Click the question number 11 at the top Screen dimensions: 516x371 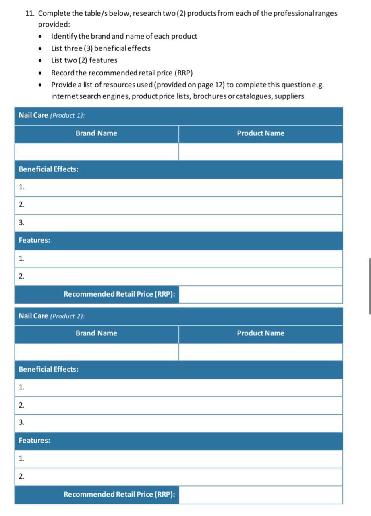(x=29, y=13)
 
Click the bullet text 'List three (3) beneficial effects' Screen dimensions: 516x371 (x=101, y=48)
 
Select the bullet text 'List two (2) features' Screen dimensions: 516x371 (x=84, y=60)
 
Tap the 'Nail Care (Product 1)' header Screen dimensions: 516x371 (x=52, y=115)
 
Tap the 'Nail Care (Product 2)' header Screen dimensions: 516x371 (x=52, y=316)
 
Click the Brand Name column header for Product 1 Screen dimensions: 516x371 (x=96, y=133)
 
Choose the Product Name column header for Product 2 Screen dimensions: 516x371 (x=260, y=333)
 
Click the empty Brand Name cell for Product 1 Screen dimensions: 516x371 (x=96, y=152)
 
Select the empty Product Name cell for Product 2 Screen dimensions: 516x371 (x=260, y=352)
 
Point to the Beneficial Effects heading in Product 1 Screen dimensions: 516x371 (x=48, y=169)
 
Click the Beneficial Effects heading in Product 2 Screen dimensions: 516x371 (x=48, y=369)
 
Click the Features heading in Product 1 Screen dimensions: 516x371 (x=34, y=240)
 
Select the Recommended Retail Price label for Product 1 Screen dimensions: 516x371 (x=119, y=294)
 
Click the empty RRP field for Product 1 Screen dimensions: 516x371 (x=260, y=295)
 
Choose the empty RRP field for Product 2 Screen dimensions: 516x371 (x=260, y=495)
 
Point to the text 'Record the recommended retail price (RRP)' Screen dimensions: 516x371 (x=122, y=73)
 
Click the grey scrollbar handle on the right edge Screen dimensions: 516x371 (x=369, y=286)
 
